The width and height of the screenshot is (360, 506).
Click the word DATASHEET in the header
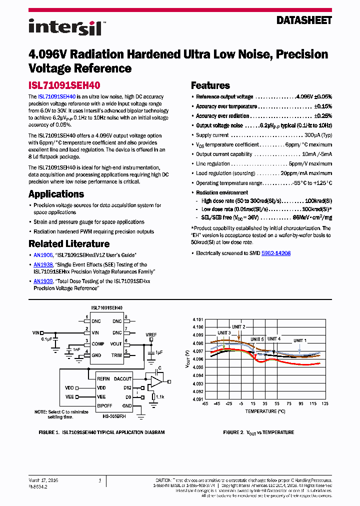[x=304, y=20]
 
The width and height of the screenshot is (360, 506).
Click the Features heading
[x=210, y=85]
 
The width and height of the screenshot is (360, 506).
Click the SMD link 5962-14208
[x=276, y=253]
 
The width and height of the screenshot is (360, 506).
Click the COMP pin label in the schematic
[x=98, y=343]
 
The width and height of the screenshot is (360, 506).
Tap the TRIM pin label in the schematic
[x=116, y=355]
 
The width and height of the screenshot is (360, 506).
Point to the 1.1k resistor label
[x=159, y=396]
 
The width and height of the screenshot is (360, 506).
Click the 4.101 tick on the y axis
[x=198, y=319]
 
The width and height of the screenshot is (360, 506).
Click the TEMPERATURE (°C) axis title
[x=264, y=411]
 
